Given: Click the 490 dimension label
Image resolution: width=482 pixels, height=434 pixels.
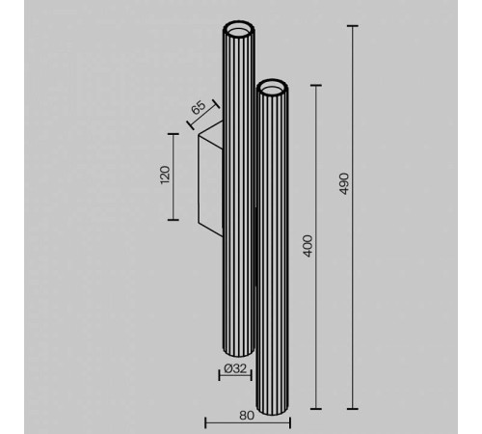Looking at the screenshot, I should pos(344,185).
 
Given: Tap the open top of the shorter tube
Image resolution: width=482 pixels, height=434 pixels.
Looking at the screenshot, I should pos(272,88).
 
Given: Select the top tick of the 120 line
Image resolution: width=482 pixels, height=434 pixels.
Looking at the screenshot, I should pos(174,134).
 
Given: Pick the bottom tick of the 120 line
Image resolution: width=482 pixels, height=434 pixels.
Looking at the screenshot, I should pos(174,220).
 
